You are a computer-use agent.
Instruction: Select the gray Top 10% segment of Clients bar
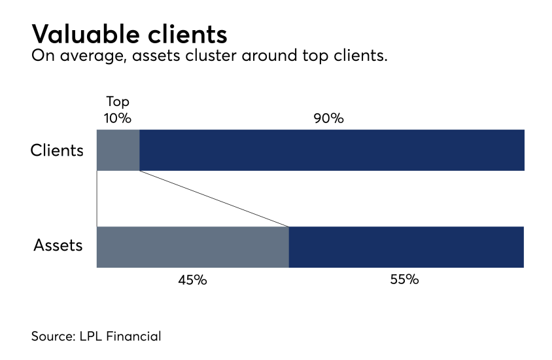pyautogui.click(x=118, y=150)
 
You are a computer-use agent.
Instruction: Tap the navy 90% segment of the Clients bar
pyautogui.click(x=332, y=150)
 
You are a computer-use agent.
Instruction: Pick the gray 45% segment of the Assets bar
pyautogui.click(x=192, y=247)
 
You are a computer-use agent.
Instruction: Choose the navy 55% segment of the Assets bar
pyautogui.click(x=406, y=247)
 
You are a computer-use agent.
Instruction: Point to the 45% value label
pyautogui.click(x=192, y=279)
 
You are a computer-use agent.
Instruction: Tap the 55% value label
pyautogui.click(x=404, y=279)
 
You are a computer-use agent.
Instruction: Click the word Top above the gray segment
pyautogui.click(x=118, y=102)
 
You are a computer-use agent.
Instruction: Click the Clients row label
pyautogui.click(x=58, y=151)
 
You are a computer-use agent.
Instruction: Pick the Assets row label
pyautogui.click(x=58, y=246)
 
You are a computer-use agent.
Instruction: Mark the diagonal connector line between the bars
pyautogui.click(x=214, y=198)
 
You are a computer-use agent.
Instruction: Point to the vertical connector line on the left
pyautogui.click(x=97, y=198)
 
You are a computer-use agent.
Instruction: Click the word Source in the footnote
pyautogui.click(x=53, y=337)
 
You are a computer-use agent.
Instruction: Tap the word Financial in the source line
pyautogui.click(x=133, y=337)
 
